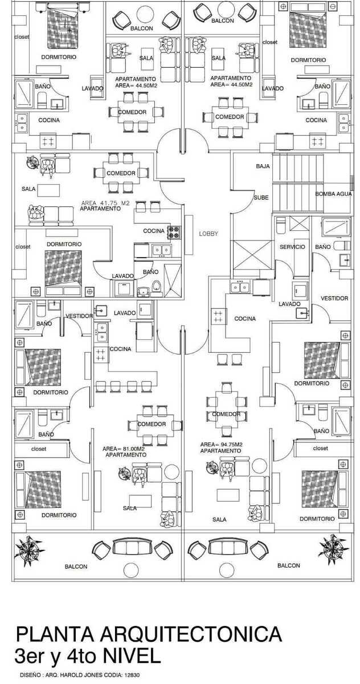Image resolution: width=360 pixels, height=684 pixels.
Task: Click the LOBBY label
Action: [x=208, y=234]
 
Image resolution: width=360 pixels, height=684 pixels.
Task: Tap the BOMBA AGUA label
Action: [x=334, y=194]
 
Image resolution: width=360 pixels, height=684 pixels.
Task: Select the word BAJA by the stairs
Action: [x=263, y=166]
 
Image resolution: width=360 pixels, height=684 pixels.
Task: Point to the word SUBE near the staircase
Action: [x=261, y=197]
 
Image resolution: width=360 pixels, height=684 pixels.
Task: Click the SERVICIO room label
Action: [x=292, y=247]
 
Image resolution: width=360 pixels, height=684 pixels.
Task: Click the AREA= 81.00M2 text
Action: [x=120, y=449]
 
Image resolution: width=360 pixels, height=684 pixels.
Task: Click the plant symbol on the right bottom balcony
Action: [x=330, y=548]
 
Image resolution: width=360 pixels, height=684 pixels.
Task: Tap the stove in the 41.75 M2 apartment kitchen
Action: [x=173, y=232]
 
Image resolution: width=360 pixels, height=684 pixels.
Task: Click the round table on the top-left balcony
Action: [x=142, y=13]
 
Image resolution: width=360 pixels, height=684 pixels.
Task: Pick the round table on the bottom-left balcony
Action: [x=131, y=570]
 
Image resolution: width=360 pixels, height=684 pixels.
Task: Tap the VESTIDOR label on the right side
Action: [x=334, y=298]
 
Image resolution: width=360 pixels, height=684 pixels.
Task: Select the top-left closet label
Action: [x=22, y=37]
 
